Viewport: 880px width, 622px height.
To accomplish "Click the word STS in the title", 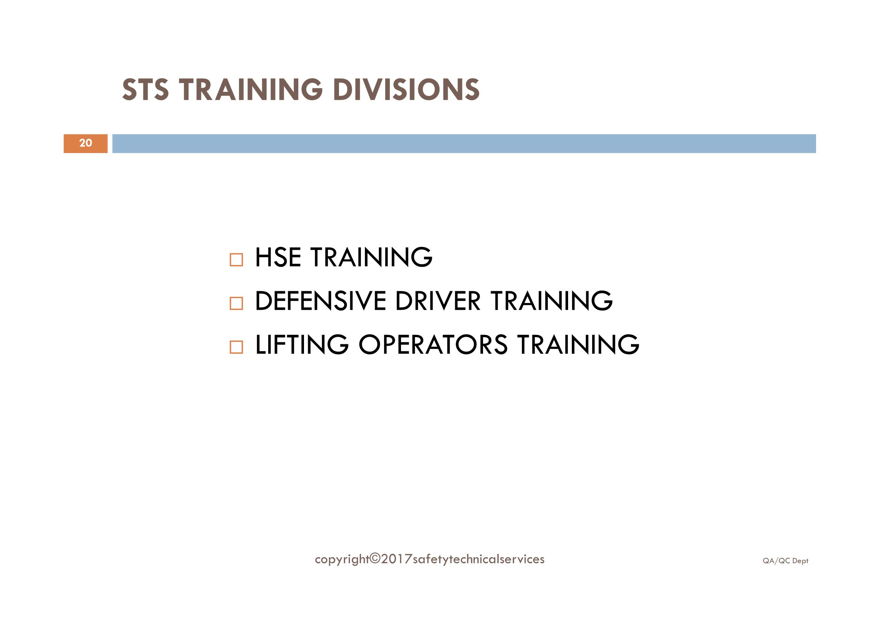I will (145, 90).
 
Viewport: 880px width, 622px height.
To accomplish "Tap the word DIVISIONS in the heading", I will (406, 90).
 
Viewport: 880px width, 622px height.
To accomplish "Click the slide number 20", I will (85, 143).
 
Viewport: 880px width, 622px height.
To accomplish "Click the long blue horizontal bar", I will (464, 144).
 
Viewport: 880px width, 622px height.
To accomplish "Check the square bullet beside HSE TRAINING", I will (236, 260).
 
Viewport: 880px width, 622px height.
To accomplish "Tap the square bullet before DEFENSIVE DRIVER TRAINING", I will (236, 304).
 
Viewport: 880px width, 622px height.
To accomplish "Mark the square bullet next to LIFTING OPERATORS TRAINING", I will (236, 347).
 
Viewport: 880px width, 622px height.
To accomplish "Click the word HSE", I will (278, 257).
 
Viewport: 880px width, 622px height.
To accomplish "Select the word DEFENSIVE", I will (321, 301).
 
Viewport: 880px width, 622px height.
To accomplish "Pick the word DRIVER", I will (437, 301).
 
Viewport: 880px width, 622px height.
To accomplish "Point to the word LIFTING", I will (302, 345).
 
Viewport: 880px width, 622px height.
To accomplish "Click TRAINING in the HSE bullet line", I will (371, 257).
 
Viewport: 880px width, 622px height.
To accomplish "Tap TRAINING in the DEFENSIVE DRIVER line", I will (552, 301).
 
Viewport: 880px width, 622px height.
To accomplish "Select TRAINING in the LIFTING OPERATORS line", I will (578, 345).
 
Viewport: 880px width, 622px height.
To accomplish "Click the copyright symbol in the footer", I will (375, 559).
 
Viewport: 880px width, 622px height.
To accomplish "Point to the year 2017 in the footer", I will (397, 559).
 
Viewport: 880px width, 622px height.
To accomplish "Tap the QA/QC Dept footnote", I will (785, 561).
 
